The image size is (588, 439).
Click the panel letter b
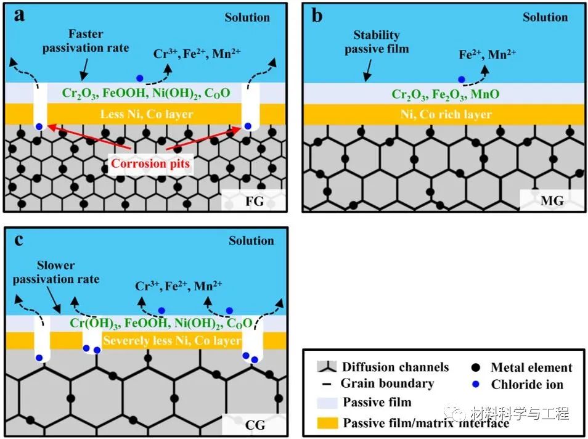point(317,15)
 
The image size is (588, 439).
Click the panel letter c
point(18,239)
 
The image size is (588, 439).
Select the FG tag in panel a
point(253,200)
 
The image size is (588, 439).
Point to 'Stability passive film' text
point(377,41)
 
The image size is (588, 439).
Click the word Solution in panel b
point(544,17)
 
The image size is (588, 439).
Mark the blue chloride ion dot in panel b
point(461,80)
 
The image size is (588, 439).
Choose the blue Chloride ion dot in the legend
point(475,385)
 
